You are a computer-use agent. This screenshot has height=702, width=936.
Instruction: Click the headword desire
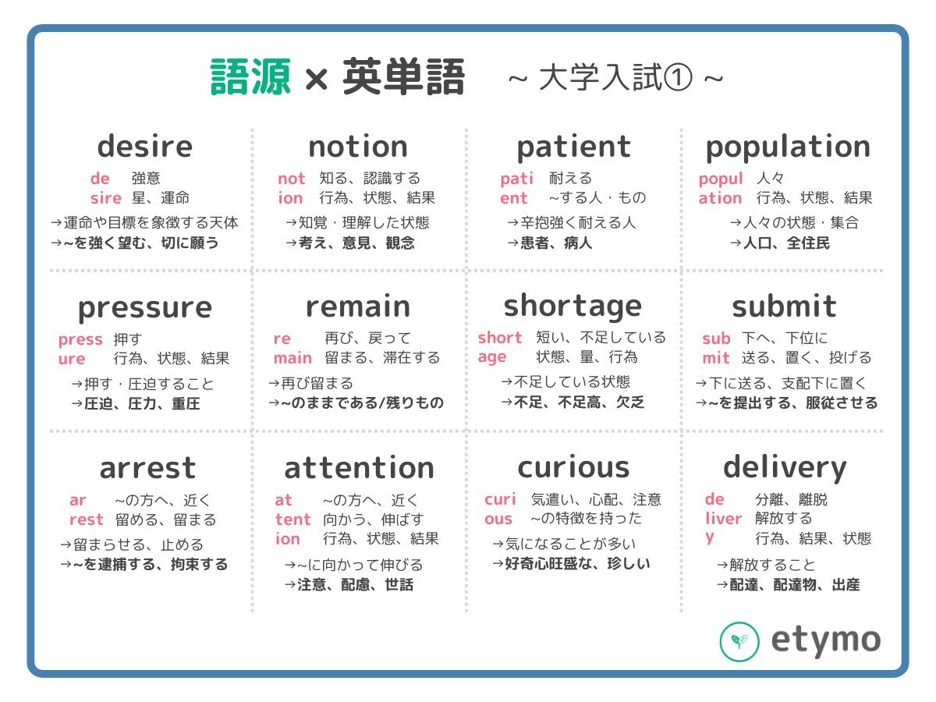click(145, 146)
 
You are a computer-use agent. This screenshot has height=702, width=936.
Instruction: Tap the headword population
click(788, 148)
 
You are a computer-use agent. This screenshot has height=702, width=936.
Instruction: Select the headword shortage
click(573, 307)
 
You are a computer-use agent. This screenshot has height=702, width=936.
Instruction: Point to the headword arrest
click(147, 469)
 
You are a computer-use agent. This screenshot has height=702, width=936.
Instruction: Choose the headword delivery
click(785, 468)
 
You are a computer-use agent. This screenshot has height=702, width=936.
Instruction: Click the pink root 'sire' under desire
click(106, 198)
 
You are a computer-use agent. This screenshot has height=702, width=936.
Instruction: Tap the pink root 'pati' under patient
click(516, 179)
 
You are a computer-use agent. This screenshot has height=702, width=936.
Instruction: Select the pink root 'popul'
click(721, 179)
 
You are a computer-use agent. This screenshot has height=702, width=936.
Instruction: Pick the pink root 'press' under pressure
click(80, 340)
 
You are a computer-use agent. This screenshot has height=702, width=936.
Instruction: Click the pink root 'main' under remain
click(292, 358)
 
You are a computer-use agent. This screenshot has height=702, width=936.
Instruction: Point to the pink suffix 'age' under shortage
click(491, 357)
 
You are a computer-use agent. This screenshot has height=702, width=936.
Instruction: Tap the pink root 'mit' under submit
click(715, 358)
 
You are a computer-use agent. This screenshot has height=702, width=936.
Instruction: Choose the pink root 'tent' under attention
click(293, 519)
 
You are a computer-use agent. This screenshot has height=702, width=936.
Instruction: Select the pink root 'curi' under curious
click(500, 499)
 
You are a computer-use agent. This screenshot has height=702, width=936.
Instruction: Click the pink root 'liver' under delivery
click(723, 519)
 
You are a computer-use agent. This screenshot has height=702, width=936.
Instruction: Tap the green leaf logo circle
click(739, 641)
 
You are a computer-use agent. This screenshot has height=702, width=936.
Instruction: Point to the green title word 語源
click(250, 77)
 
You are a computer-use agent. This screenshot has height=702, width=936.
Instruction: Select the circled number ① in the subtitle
click(678, 77)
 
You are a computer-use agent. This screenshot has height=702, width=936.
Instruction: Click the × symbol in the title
click(317, 80)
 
